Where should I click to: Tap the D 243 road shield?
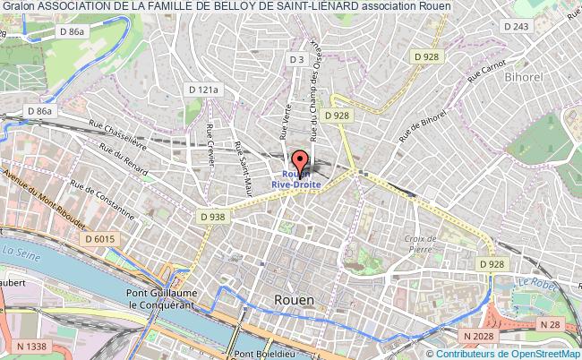pos(517,27)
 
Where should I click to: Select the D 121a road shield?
pos(204,90)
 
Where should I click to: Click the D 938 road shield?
pos(211,216)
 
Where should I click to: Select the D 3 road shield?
pos(297,59)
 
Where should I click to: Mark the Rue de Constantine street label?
pos(102,201)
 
